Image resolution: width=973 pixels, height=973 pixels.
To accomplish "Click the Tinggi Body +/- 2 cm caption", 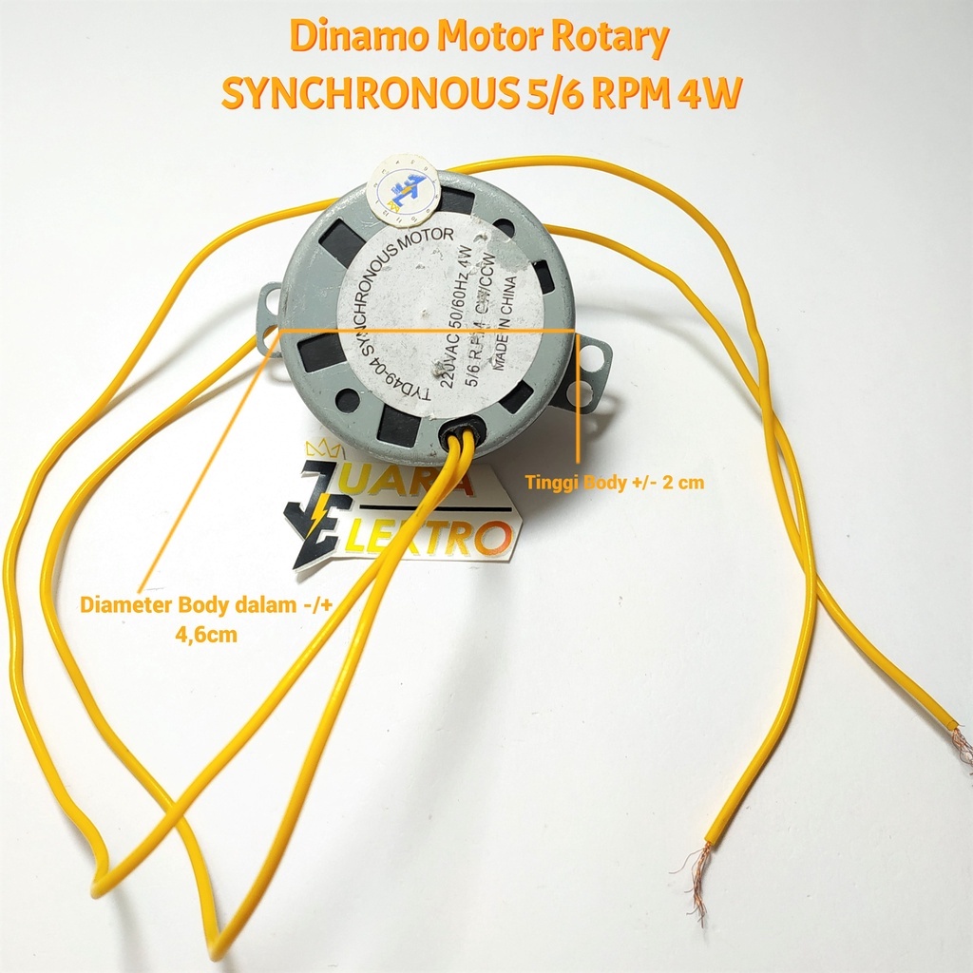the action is click(x=615, y=483).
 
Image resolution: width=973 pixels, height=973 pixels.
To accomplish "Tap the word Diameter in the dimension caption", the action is click(x=124, y=604).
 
